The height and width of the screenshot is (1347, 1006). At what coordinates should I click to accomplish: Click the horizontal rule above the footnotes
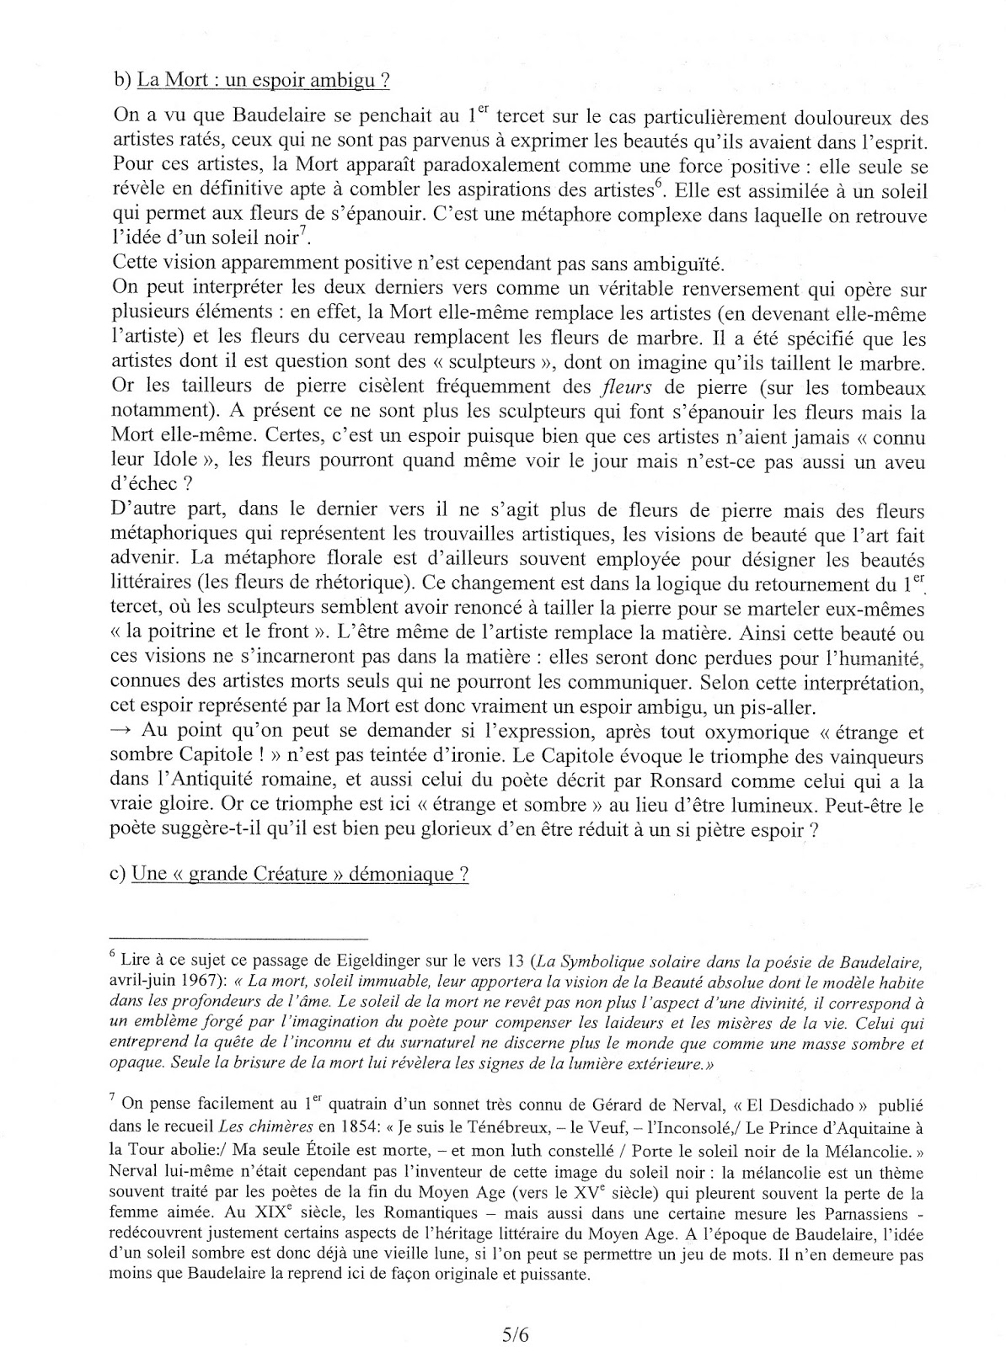(x=239, y=937)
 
